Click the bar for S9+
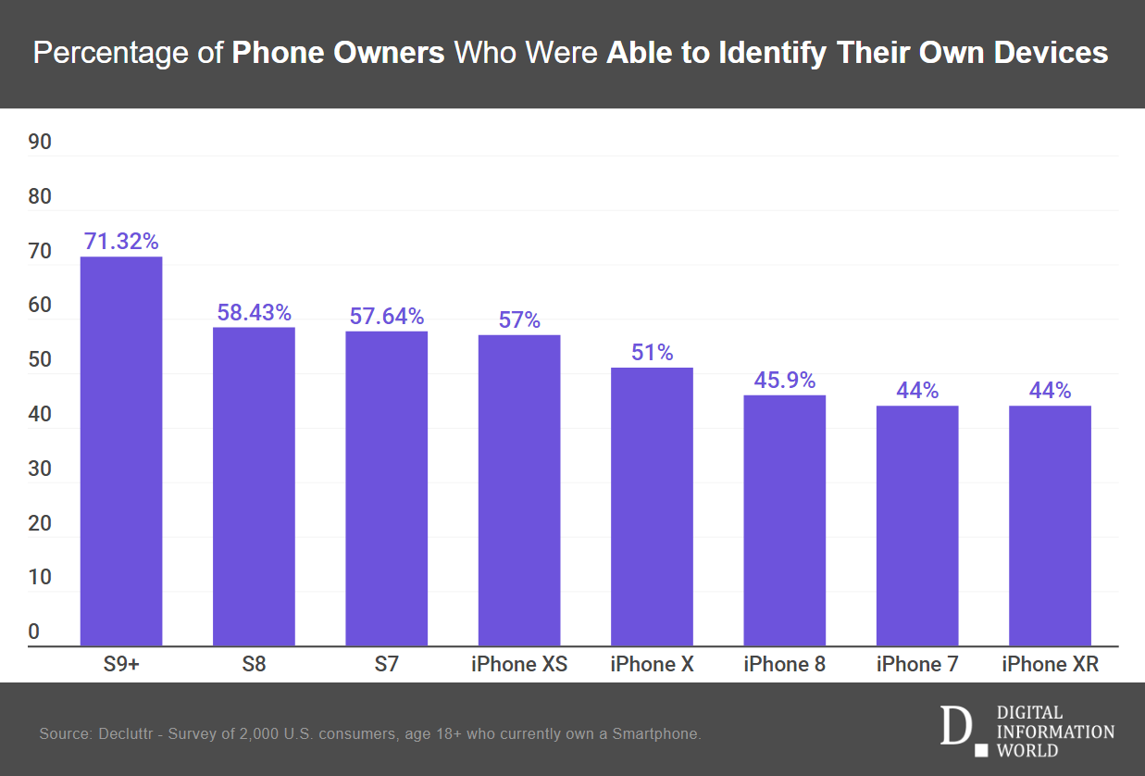click(x=121, y=451)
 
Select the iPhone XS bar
click(x=519, y=490)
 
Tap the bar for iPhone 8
click(x=784, y=520)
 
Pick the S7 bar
click(x=387, y=488)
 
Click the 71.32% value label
click(x=121, y=242)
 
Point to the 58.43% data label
click(x=254, y=313)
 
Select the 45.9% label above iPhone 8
click(x=784, y=381)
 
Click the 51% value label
click(x=652, y=353)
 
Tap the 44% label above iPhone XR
click(x=1050, y=391)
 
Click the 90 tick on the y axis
click(x=40, y=143)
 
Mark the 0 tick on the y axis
click(x=34, y=632)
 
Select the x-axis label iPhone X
click(x=652, y=664)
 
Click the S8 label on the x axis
click(x=254, y=664)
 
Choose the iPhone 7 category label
click(x=917, y=664)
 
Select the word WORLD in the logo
click(x=1027, y=750)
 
